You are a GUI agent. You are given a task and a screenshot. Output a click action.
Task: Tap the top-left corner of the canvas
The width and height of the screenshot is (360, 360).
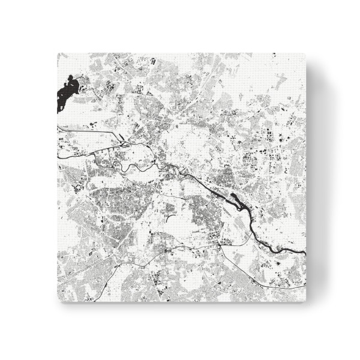tap(58, 53)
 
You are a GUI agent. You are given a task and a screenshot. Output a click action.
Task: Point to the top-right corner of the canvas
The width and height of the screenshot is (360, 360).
tap(307, 53)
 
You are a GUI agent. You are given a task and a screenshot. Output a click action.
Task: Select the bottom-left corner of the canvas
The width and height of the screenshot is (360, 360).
tap(58, 302)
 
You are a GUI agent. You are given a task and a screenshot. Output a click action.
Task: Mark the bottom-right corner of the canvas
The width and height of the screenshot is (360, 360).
tap(307, 302)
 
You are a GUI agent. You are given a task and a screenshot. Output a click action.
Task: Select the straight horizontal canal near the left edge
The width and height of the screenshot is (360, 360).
tap(84, 130)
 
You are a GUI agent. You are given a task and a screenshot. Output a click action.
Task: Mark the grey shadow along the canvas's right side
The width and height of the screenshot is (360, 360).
tap(315, 180)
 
